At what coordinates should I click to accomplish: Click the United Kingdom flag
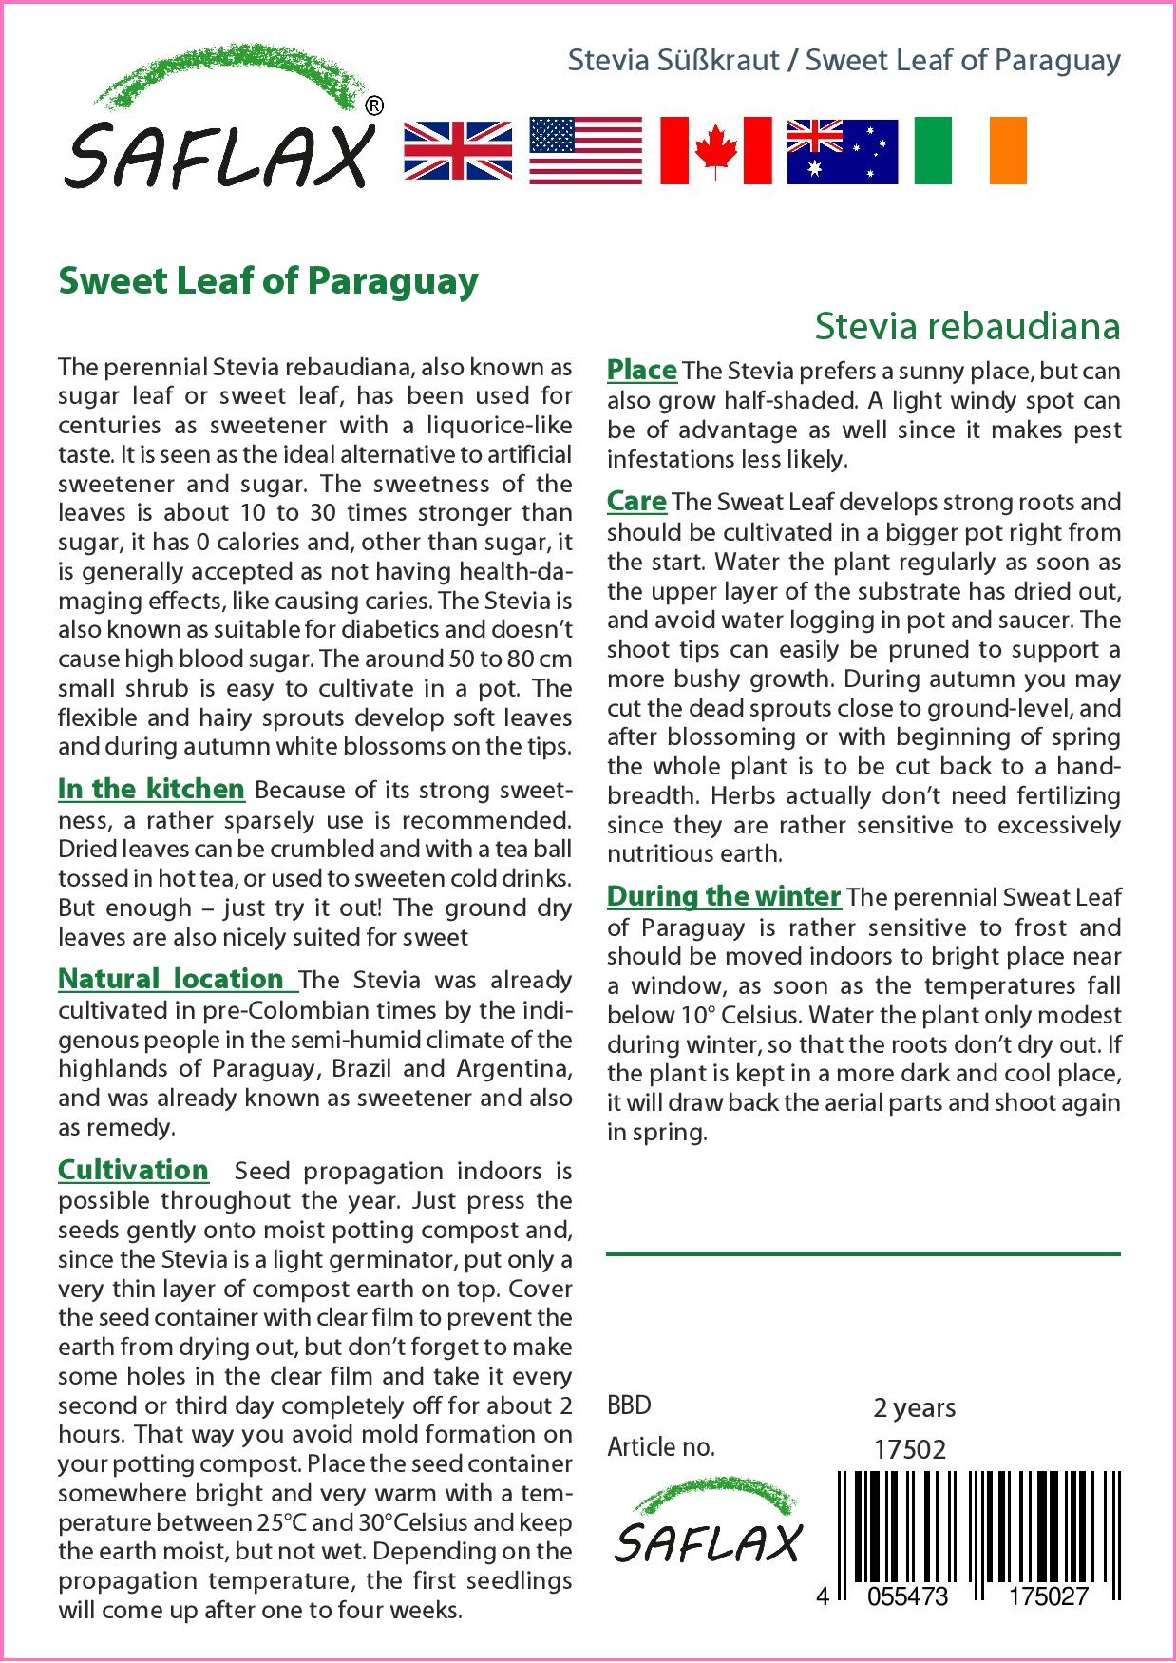(458, 151)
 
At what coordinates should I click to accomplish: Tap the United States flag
(585, 151)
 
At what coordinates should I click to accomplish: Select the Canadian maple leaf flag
(715, 151)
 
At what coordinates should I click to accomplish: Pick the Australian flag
(842, 151)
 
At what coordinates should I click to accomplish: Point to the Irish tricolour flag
(970, 151)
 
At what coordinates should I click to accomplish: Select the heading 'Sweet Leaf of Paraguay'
(268, 282)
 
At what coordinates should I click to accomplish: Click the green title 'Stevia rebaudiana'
(967, 326)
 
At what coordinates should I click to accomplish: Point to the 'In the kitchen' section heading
(151, 790)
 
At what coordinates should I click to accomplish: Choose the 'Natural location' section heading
(171, 979)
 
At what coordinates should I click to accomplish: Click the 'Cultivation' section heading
(133, 1170)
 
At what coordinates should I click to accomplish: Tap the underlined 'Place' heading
(641, 370)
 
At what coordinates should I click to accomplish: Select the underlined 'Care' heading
(636, 501)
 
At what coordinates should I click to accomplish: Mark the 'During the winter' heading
(724, 896)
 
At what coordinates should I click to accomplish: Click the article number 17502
(909, 1449)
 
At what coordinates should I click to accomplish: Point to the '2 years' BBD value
(914, 1407)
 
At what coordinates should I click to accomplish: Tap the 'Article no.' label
(660, 1447)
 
